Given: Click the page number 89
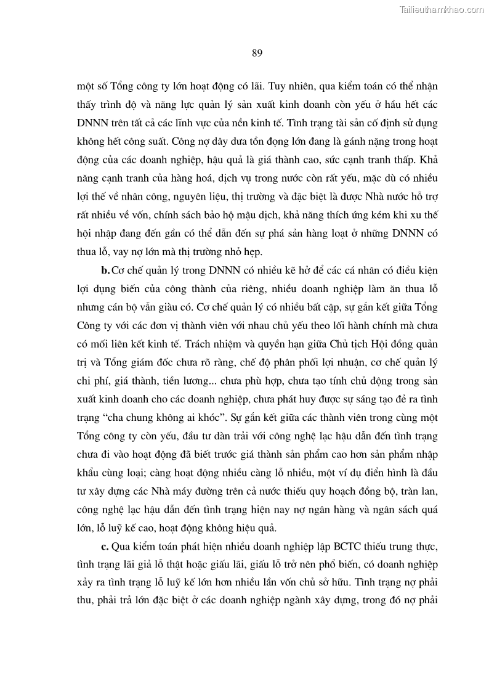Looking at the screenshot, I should [257, 53].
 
